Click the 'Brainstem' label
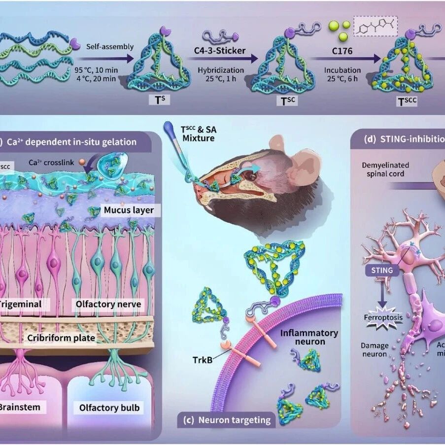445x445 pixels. (21, 408)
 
